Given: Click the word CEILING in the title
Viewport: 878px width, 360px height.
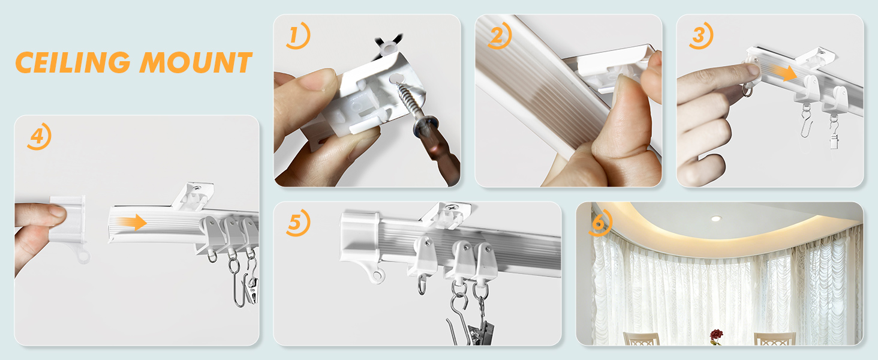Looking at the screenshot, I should (72, 62).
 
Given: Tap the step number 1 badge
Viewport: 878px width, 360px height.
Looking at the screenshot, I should (296, 37).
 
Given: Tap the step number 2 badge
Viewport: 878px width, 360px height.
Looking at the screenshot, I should (498, 37).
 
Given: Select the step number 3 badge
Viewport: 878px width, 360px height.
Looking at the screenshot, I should (700, 37).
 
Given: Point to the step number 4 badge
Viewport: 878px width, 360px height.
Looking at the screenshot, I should (38, 137).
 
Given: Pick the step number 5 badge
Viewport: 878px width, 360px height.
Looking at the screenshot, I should (296, 223).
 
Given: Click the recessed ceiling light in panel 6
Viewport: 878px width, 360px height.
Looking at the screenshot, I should (715, 218).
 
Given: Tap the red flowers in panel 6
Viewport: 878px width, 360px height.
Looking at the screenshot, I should (715, 335).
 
